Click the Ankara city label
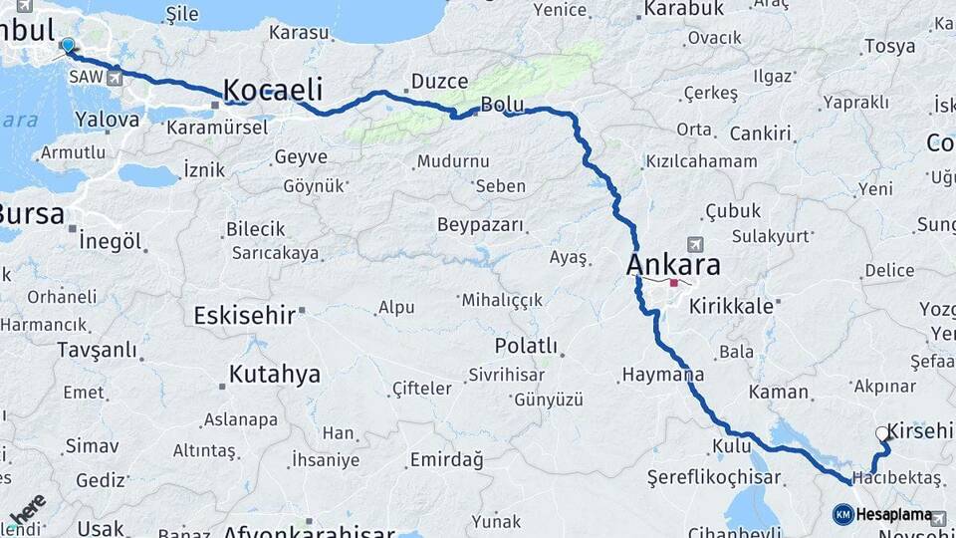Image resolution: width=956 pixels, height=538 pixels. coord(673,265)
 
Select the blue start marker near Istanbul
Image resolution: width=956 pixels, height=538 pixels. coord(68,45)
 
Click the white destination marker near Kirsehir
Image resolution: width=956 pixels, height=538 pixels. coord(881,433)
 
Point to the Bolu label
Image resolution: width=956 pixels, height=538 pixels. coord(501,104)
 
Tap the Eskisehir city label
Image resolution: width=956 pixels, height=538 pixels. coord(244,315)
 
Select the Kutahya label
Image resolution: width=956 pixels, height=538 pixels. coord(275,375)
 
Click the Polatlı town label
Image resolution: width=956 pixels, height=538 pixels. coord(526,345)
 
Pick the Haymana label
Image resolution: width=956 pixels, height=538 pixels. coord(662,376)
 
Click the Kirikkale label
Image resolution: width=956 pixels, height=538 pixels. coord(731,306)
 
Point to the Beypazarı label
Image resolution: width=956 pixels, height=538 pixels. coord(480,224)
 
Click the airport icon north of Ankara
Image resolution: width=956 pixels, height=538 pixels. coord(693,243)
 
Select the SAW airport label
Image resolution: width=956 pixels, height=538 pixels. coord(83,77)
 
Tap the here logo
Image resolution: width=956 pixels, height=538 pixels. coord(27,510)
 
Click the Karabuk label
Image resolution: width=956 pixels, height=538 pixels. coord(683,9)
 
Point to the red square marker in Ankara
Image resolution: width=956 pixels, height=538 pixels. coord(674,284)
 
